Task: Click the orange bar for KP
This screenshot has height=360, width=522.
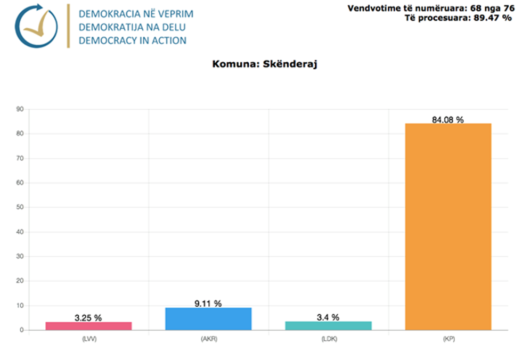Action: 448,226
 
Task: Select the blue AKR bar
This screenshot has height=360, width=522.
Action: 208,318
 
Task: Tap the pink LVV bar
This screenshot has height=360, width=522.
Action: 88,325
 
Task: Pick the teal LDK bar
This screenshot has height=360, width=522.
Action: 328,325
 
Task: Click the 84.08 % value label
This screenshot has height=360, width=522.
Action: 448,120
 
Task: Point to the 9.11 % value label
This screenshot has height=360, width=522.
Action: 208,304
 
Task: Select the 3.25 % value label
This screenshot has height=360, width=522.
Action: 88,318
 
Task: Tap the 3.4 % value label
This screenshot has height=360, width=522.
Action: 328,317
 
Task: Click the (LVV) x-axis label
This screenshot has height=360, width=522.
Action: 88,339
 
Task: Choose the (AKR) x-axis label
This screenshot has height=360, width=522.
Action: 208,339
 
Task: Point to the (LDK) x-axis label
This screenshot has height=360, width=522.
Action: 328,339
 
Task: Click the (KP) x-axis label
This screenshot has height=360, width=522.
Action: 448,339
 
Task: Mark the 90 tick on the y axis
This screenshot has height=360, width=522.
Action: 20,109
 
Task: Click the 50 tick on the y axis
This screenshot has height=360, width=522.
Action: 20,207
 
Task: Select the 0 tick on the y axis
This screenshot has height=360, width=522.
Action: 21,330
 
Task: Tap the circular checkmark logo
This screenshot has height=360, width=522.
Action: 36,26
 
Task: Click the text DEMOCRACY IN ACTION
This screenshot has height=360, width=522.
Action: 133,40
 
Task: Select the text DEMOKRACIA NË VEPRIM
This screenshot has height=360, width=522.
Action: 136,14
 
